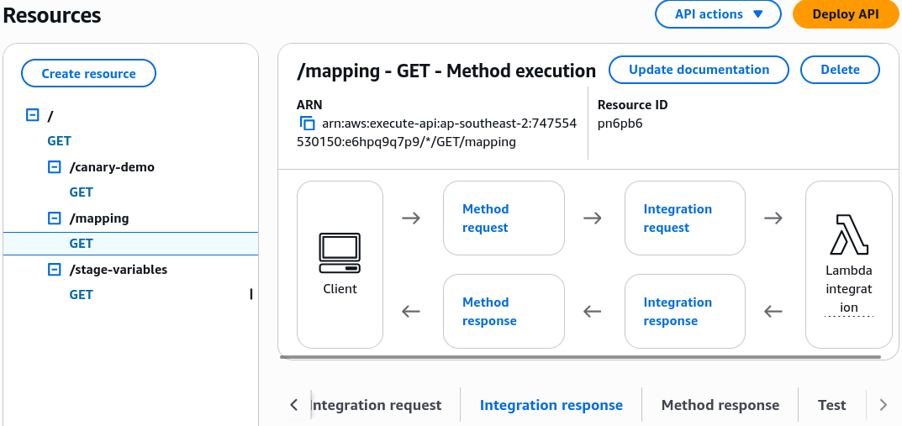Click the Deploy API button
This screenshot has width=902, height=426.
846,14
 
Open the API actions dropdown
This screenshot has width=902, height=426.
718,14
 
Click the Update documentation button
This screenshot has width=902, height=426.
699,70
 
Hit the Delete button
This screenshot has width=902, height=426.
840,70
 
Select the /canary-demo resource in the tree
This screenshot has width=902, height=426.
112,167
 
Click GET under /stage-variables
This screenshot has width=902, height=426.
81,295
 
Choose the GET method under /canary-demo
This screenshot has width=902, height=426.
81,192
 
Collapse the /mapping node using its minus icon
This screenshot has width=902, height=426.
54,218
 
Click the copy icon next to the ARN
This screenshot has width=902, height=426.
307,123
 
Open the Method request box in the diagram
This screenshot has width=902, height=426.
504,218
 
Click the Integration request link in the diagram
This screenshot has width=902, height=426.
678,218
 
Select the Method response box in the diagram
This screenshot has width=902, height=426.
504,311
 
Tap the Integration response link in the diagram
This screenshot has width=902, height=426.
678,311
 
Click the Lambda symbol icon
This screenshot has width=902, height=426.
848,234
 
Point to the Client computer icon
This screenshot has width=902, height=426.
340,252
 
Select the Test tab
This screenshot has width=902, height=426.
832,405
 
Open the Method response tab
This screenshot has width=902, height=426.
720,405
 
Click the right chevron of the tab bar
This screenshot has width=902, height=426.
884,405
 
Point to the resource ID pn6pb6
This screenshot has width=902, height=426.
620,123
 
